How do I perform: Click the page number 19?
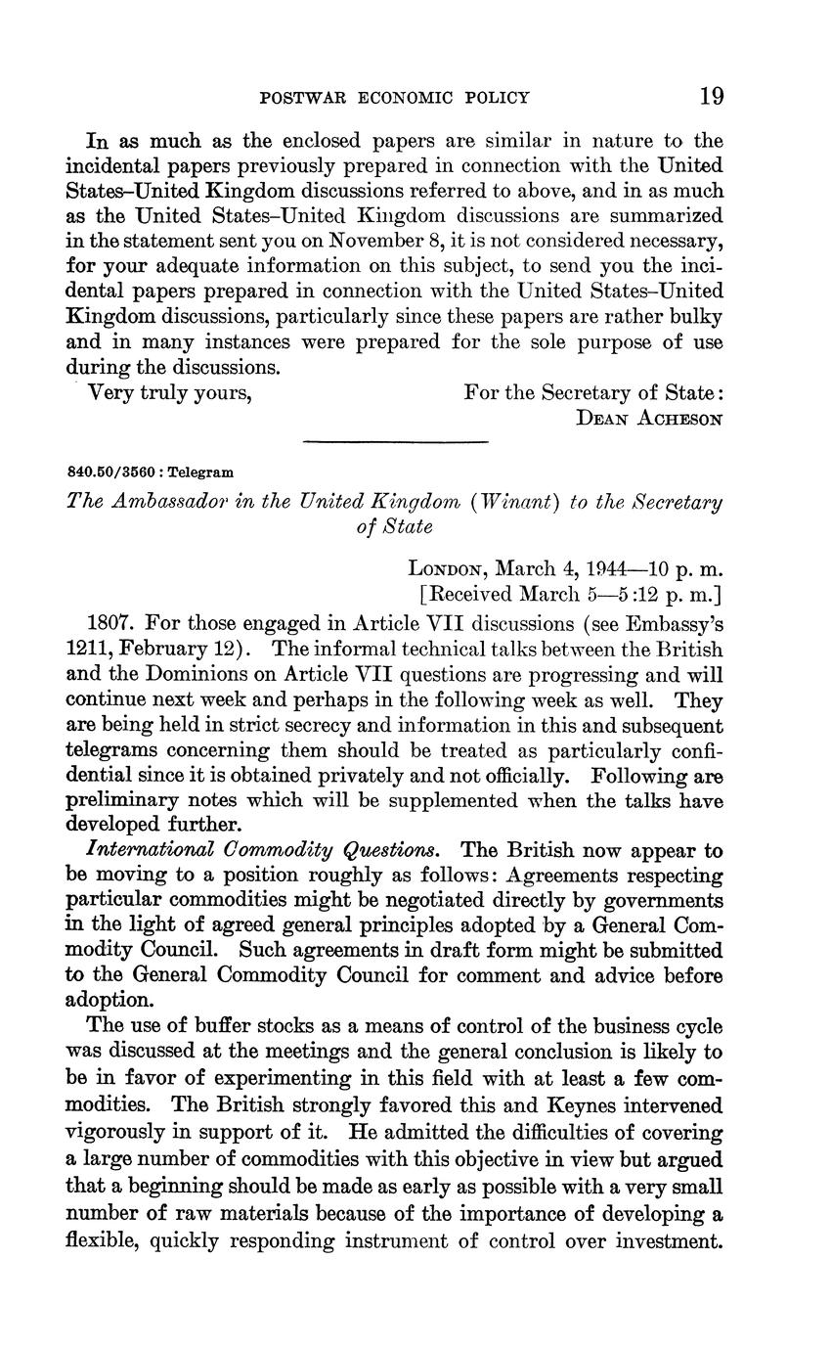[711, 96]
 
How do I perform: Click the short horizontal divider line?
[395, 443]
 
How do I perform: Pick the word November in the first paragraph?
[375, 241]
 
